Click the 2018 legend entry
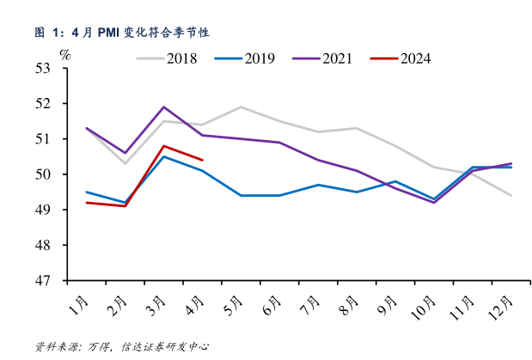[x=168, y=58]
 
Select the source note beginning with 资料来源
[x=121, y=346]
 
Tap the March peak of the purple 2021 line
[x=164, y=107]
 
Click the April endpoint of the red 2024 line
[x=202, y=160]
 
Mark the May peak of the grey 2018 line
[x=240, y=107]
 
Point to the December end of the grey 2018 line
[x=512, y=196]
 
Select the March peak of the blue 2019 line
[x=164, y=156]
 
